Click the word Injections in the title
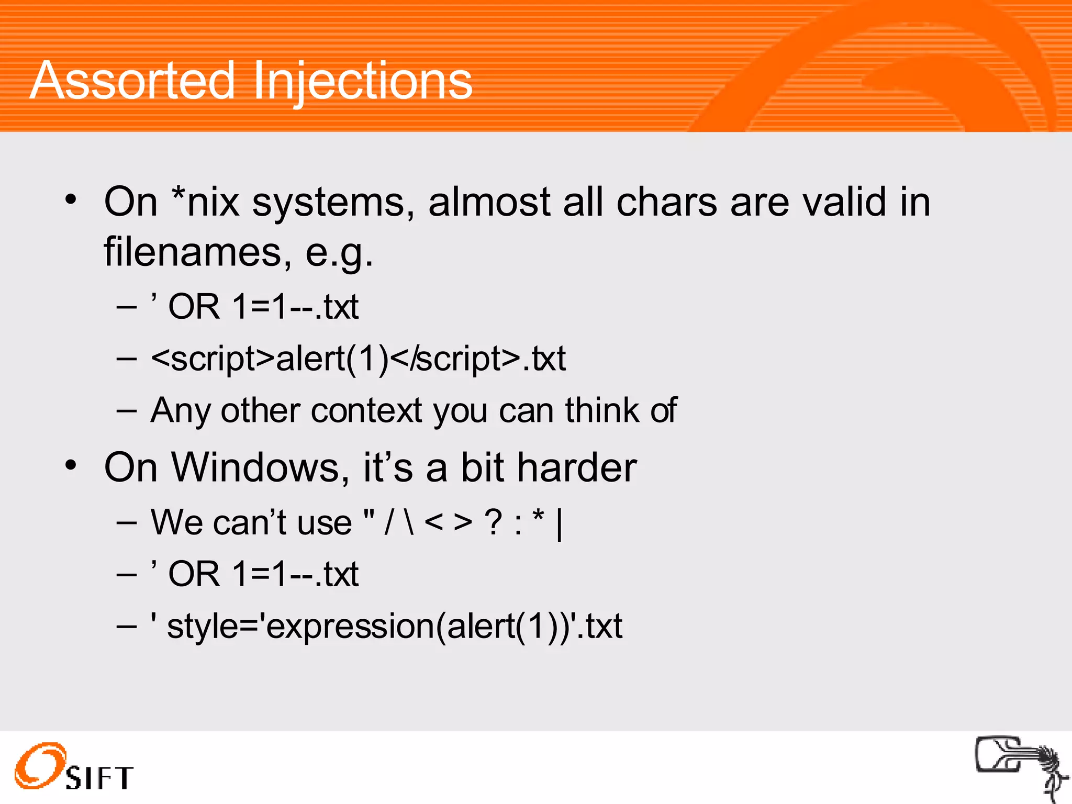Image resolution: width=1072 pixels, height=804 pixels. pos(363,82)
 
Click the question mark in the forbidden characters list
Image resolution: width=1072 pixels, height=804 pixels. pos(494,522)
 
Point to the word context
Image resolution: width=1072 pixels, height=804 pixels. pos(366,410)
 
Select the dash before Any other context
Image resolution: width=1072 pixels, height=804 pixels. pos(127,411)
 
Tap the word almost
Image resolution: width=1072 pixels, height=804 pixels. pos(489,202)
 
